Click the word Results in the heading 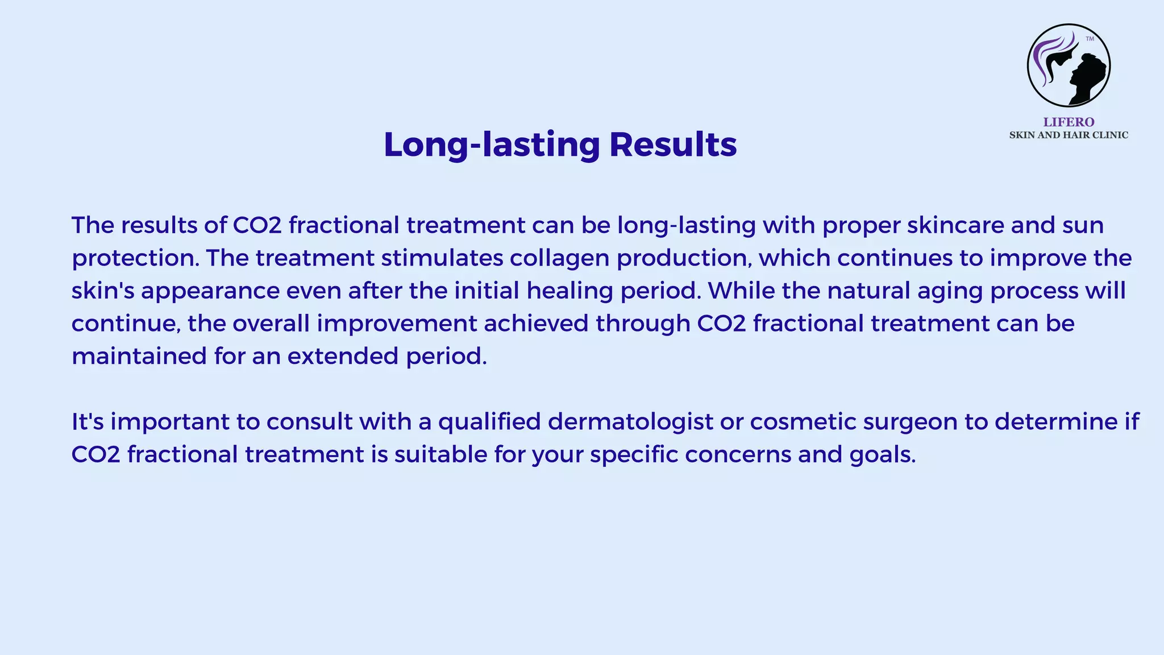[x=673, y=144]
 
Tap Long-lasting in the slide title [x=492, y=144]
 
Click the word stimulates [x=442, y=258]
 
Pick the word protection [x=134, y=259]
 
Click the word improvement [x=397, y=324]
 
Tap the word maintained [x=139, y=356]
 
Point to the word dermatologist [x=630, y=422]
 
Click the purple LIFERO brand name [x=1069, y=122]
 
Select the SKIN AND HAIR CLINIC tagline [x=1069, y=135]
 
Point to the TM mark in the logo [x=1090, y=39]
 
